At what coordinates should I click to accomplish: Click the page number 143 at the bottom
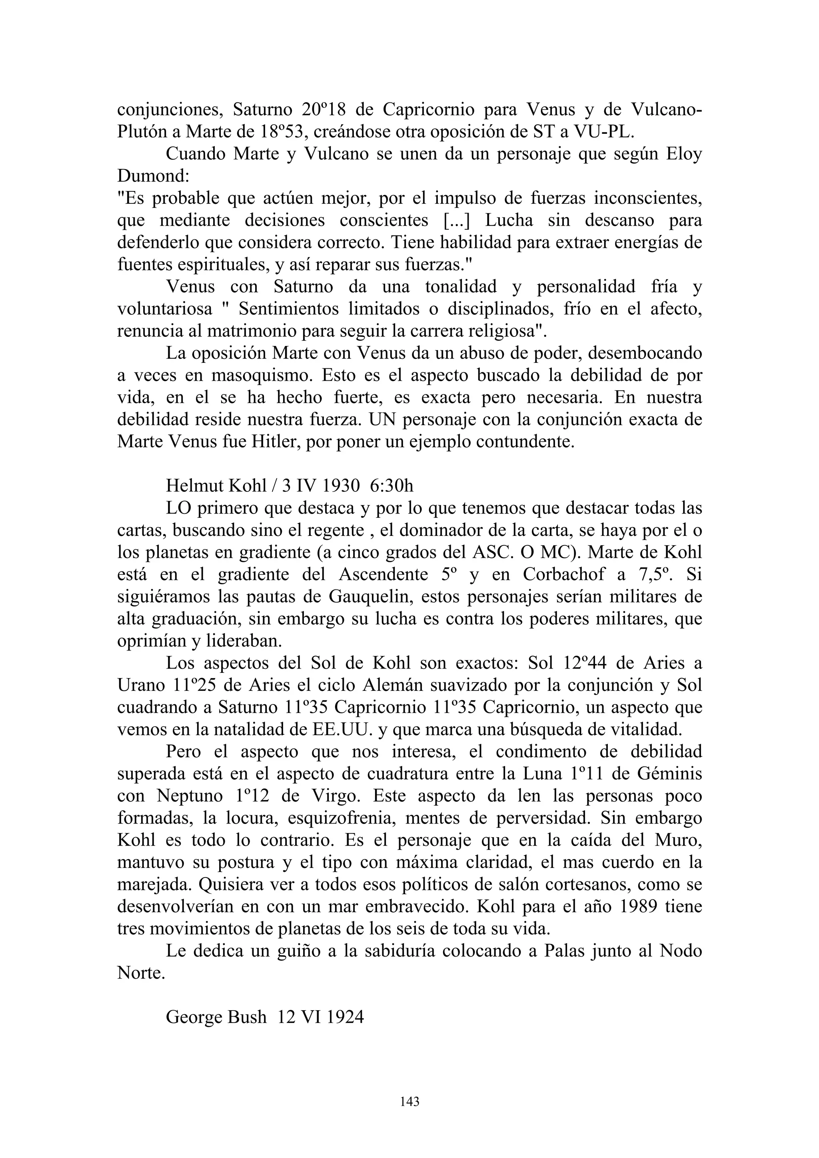pos(409,1102)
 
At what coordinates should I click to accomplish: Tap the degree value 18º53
pos(283,131)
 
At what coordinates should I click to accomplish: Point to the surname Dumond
pos(148,176)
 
